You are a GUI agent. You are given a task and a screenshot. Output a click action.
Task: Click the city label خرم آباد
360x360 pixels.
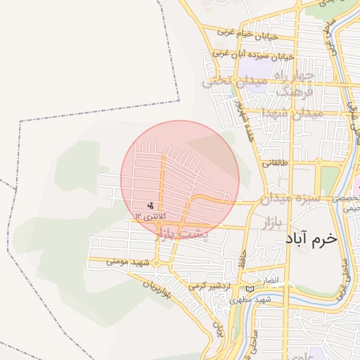tap(311, 238)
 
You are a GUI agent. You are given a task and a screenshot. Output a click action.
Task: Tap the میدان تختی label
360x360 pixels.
tap(227, 82)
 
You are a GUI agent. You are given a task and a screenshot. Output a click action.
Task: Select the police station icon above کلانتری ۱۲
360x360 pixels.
tap(150, 205)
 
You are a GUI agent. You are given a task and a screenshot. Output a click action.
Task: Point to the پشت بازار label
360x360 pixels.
tap(181, 233)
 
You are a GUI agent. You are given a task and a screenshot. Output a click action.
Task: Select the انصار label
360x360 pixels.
tap(271, 281)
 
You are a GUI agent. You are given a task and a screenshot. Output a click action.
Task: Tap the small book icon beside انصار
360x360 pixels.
tap(251, 288)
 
